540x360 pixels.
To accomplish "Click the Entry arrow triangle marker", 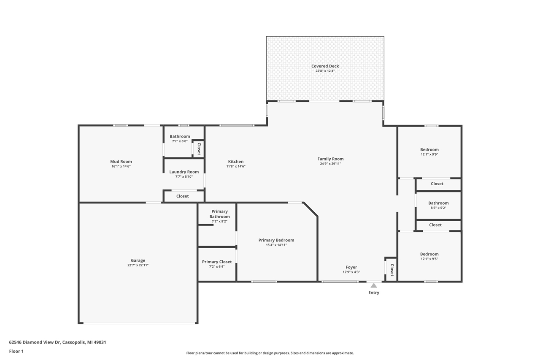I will tap(373, 286).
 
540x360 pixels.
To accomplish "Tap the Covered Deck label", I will tap(325, 66).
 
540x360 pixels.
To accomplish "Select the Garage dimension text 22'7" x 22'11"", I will tap(138, 265).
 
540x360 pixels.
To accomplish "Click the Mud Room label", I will tap(121, 161).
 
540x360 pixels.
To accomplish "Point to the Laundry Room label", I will tap(184, 172).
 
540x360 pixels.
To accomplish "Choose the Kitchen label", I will tap(235, 161).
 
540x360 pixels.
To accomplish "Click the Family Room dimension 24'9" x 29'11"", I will tap(330, 164).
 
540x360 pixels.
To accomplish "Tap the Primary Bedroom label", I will tap(276, 240).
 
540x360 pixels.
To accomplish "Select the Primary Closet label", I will tap(217, 262).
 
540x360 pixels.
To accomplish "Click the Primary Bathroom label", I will tap(219, 214).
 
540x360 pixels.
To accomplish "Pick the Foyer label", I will tap(351, 267).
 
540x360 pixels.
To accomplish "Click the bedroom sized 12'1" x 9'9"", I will tap(429, 152).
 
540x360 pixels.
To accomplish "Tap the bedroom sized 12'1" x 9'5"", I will tap(429, 256).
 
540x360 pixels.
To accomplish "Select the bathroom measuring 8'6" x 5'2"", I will tap(438, 205).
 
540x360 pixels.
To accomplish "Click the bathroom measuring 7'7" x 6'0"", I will tap(180, 138).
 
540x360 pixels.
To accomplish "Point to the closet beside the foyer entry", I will tap(391, 270).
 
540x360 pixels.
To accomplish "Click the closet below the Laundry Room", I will tap(183, 196).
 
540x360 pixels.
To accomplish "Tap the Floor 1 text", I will tap(16, 351).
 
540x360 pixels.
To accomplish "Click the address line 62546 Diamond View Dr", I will tap(57, 342).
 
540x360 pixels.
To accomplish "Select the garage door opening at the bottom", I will tap(139, 323).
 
